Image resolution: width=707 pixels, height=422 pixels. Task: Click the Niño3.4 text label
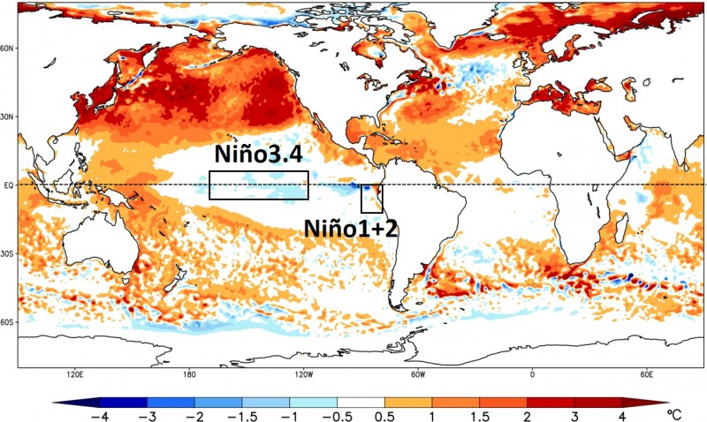click(x=257, y=157)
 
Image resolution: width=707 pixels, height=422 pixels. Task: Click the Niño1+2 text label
click(x=351, y=229)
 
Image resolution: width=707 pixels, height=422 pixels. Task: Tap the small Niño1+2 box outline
click(x=371, y=200)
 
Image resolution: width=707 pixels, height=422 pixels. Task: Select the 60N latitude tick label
click(x=8, y=49)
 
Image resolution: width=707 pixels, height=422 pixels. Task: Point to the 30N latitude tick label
click(x=8, y=117)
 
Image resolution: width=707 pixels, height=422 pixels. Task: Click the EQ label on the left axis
click(x=8, y=185)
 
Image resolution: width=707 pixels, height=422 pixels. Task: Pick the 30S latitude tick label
click(x=8, y=254)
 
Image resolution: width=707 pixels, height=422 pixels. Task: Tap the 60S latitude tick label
click(x=8, y=323)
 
